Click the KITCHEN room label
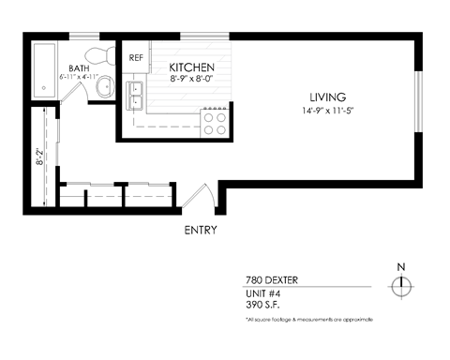(192, 68)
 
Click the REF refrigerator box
(136, 58)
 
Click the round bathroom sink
(105, 89)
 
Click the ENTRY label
(201, 230)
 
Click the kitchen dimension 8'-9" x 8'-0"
(192, 81)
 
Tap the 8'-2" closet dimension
(40, 157)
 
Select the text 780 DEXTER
(267, 279)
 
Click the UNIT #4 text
(262, 293)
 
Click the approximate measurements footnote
(308, 320)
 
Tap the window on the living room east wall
(418, 102)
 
